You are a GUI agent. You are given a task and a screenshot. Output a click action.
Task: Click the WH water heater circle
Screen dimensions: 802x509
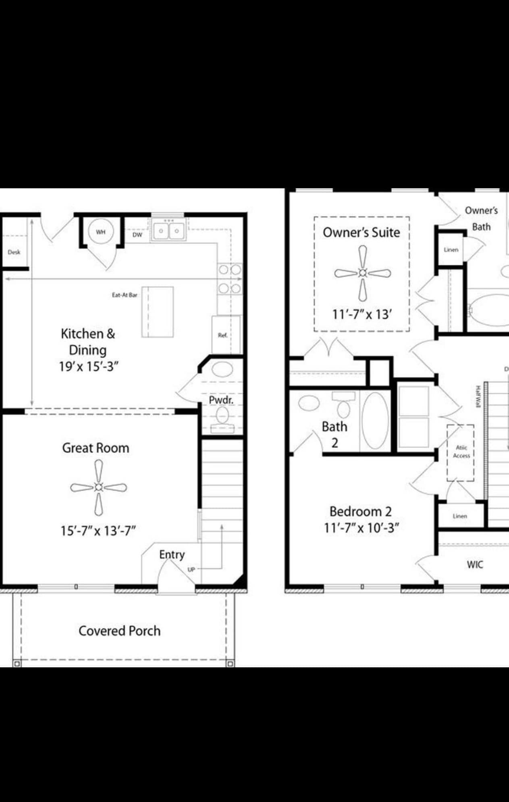tap(101, 232)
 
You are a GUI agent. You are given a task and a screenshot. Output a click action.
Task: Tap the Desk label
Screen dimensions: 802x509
tap(14, 252)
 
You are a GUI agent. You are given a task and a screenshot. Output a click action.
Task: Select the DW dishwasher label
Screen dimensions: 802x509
tap(137, 235)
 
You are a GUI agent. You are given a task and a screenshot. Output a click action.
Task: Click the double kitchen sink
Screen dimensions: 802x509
tap(168, 231)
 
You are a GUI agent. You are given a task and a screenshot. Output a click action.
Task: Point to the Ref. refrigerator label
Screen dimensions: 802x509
tap(222, 335)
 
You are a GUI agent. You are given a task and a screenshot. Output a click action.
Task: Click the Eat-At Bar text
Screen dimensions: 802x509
tap(125, 295)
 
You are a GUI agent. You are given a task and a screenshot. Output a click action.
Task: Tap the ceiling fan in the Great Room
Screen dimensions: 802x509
tap(98, 487)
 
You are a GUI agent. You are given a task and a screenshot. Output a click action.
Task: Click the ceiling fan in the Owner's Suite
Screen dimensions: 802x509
tap(362, 273)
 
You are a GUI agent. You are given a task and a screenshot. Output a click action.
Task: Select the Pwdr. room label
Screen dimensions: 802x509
tap(221, 400)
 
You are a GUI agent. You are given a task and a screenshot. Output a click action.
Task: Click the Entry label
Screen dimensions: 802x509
tap(172, 554)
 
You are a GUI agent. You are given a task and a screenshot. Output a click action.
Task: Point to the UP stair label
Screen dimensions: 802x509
tap(191, 569)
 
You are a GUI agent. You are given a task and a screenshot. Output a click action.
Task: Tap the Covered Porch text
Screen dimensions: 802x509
tap(119, 631)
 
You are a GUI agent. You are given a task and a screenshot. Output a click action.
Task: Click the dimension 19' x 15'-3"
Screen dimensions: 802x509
tap(89, 367)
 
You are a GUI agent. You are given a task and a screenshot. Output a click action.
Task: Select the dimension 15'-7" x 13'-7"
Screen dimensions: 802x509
tap(98, 531)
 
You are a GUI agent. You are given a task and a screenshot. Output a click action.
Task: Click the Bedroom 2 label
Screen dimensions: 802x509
tap(360, 511)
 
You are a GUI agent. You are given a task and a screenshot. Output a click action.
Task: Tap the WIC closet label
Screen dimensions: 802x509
tap(475, 565)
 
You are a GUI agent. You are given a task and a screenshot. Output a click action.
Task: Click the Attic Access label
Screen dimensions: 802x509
tap(461, 452)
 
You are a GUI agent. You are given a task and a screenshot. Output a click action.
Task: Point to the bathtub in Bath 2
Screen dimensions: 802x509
tap(375, 421)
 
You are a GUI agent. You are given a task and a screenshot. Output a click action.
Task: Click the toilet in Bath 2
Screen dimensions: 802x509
tap(343, 406)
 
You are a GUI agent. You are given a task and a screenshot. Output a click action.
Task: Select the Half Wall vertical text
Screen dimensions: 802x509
tap(478, 396)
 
